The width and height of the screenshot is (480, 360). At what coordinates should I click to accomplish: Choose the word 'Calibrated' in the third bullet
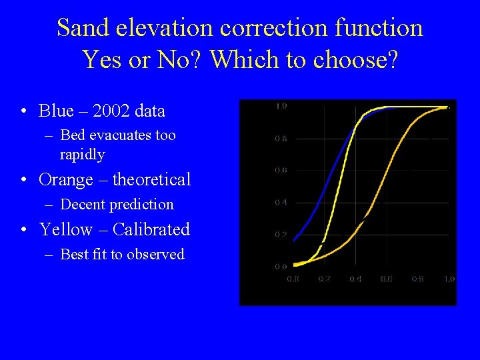151,229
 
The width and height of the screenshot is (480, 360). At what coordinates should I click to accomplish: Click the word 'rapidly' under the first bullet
82,155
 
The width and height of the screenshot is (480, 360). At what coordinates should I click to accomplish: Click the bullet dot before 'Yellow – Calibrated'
24,230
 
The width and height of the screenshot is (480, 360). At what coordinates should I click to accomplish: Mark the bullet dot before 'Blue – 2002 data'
24,111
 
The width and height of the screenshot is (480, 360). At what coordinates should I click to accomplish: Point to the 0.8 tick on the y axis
281,139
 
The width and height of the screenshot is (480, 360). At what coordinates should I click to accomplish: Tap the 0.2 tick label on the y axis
281,235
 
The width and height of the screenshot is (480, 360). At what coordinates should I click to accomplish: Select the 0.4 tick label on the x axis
355,279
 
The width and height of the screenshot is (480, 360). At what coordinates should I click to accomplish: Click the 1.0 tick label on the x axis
449,279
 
